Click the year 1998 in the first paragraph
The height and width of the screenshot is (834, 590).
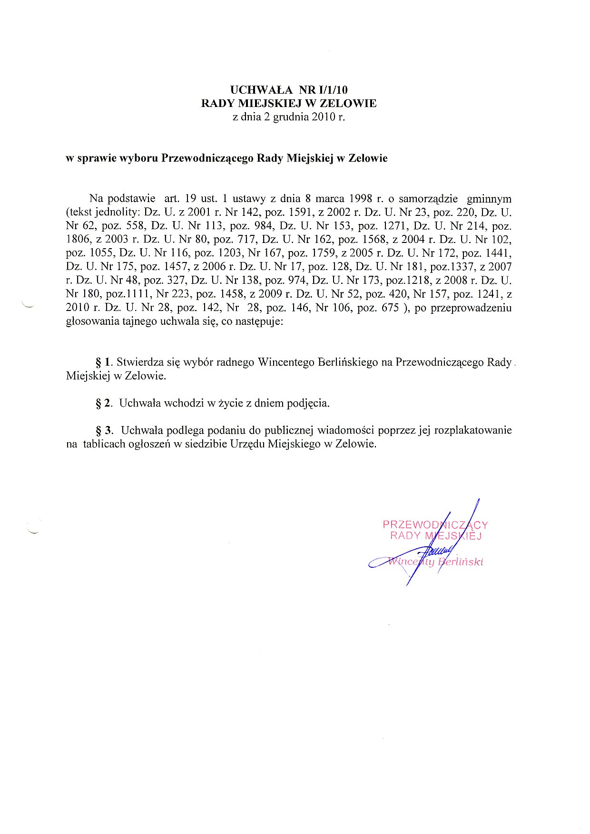(361, 198)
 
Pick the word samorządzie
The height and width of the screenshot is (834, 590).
(428, 198)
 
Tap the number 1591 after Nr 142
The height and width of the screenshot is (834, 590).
(299, 212)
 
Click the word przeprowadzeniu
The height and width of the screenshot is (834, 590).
(471, 308)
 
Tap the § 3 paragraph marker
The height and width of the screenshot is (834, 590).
(105, 430)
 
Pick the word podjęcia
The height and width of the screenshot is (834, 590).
(308, 403)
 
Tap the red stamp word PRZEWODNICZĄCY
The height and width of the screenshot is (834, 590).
(435, 525)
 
